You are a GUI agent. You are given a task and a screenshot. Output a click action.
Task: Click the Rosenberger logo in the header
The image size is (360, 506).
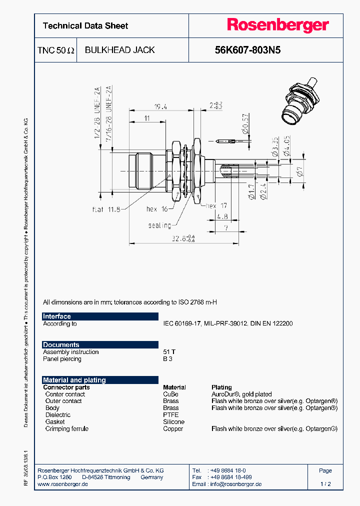pyautogui.click(x=278, y=25)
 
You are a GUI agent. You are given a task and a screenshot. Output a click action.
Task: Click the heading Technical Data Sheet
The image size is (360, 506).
pyautogui.click(x=85, y=26)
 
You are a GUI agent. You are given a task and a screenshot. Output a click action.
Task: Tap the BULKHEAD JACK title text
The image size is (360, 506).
pyautogui.click(x=119, y=50)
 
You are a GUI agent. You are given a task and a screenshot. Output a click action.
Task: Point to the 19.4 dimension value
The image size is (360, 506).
pyautogui.click(x=160, y=106)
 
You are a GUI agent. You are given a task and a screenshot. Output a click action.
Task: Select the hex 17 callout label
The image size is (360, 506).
pyautogui.click(x=216, y=205)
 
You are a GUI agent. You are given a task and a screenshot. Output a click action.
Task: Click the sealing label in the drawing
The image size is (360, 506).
pyautogui.click(x=159, y=225)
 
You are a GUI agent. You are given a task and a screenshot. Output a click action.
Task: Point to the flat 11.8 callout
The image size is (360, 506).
pyautogui.click(x=106, y=209)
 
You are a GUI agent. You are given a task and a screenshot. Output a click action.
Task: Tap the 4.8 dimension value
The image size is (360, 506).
pyautogui.click(x=222, y=216)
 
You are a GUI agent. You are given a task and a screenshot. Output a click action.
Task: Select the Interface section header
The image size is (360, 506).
pyautogui.click(x=57, y=316)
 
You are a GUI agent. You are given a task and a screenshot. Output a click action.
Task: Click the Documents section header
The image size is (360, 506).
pyautogui.click(x=61, y=345)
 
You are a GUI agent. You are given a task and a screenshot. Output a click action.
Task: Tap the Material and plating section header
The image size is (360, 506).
pyautogui.click(x=74, y=380)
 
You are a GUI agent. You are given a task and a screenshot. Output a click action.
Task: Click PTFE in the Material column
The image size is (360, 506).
pyautogui.click(x=170, y=415)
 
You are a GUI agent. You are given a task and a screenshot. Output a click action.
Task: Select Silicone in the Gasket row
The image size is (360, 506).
pyautogui.click(x=173, y=422)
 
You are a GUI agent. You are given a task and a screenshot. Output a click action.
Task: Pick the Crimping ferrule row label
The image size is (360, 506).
pyautogui.click(x=66, y=429)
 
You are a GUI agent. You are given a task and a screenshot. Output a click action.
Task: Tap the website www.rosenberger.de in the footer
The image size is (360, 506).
pyautogui.click(x=63, y=484)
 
